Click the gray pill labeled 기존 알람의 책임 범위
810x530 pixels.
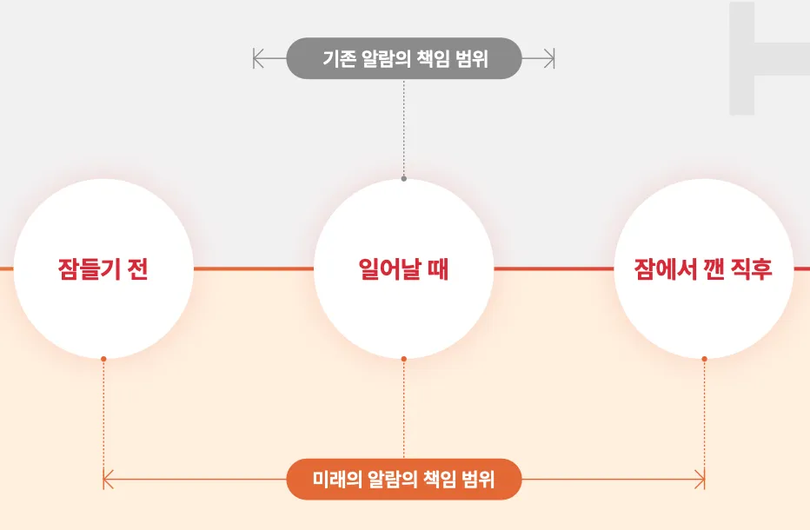pyautogui.click(x=404, y=58)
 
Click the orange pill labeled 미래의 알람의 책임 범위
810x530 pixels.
pyautogui.click(x=404, y=480)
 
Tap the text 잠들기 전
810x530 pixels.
pyautogui.click(x=103, y=269)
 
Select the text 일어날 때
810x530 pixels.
pyautogui.click(x=403, y=269)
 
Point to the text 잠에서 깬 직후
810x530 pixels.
pyautogui.click(x=703, y=269)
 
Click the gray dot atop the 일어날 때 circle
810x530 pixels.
pyautogui.click(x=404, y=179)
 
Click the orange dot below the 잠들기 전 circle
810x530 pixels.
pyautogui.click(x=103, y=359)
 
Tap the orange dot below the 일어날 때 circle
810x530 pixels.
pyautogui.click(x=404, y=359)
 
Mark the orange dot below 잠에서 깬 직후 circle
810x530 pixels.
pyautogui.click(x=704, y=359)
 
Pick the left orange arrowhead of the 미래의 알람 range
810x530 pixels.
pyautogui.click(x=108, y=480)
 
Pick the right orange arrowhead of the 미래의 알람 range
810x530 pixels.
pyautogui.click(x=700, y=480)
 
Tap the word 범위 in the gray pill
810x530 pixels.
pyautogui.click(x=472, y=58)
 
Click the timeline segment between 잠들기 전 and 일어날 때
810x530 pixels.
pyautogui.click(x=254, y=268)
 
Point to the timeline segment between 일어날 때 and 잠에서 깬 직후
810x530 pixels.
pyautogui.click(x=554, y=268)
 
